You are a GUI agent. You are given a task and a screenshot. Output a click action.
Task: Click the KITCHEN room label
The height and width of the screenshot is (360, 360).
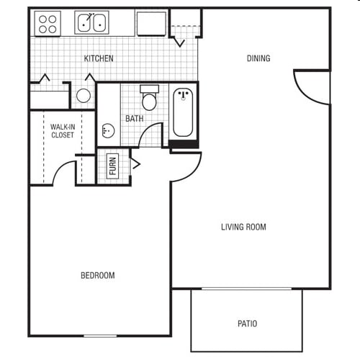pyautogui.click(x=99, y=58)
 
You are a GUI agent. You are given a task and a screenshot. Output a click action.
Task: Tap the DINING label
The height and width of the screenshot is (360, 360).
pyautogui.click(x=258, y=58)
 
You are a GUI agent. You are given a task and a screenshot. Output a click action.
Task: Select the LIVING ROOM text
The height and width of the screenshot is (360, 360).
pyautogui.click(x=243, y=227)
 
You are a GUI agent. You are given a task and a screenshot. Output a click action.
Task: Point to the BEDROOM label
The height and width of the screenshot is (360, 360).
pyautogui.click(x=98, y=275)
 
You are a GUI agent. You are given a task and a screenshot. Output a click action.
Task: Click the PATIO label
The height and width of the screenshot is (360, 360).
pyautogui.click(x=248, y=323)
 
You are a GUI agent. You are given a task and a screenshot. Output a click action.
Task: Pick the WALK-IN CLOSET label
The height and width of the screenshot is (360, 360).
pyautogui.click(x=63, y=131)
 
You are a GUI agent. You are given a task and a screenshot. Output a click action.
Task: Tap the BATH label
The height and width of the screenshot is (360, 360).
pyautogui.click(x=135, y=118)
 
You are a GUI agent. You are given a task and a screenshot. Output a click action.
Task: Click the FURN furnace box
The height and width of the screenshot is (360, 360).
pyautogui.click(x=112, y=166)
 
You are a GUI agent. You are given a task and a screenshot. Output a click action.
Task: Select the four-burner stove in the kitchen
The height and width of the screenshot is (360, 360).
pyautogui.click(x=48, y=24)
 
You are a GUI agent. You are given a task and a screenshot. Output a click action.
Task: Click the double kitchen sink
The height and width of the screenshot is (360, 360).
pyautogui.click(x=91, y=22)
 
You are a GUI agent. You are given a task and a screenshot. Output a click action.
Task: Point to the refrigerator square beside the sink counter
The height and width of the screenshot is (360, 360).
pyautogui.click(x=151, y=24)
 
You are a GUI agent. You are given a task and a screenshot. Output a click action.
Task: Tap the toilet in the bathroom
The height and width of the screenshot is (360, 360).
pyautogui.click(x=149, y=98)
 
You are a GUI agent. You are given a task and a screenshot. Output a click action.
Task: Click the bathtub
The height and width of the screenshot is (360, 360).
pyautogui.click(x=183, y=112)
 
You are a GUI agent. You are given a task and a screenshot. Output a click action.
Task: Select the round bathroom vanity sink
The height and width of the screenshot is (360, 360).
pyautogui.click(x=108, y=131)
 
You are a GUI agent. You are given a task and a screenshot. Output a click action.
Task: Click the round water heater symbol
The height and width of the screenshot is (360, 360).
pyautogui.click(x=84, y=96)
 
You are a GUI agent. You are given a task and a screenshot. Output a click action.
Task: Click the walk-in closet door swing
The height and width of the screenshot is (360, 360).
pyautogui.click(x=59, y=168)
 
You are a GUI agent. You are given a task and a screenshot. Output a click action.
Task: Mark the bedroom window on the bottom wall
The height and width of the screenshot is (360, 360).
pyautogui.click(x=100, y=336)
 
